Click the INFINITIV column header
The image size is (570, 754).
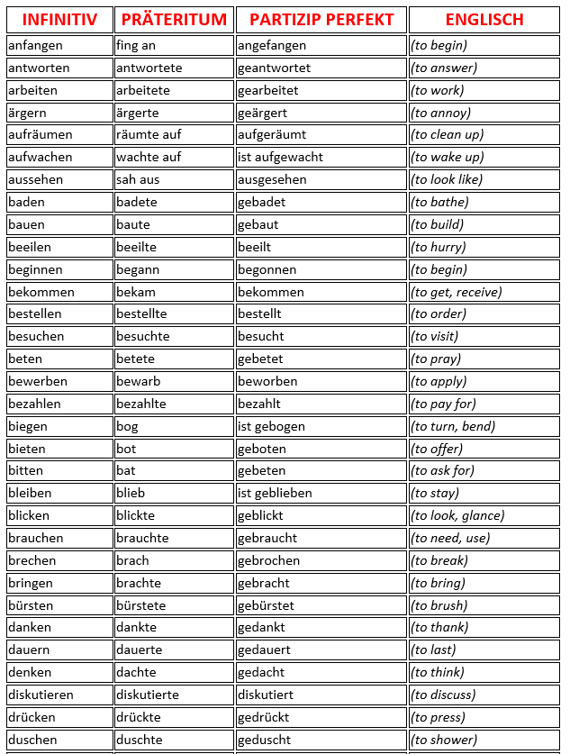pos(59,20)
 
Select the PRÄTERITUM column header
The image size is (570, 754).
pos(174,20)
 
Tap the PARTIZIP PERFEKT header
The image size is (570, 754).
pos(321,20)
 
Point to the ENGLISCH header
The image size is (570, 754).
pos(484,20)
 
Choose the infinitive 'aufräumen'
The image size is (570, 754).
pos(40,134)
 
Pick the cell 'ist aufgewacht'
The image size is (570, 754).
pos(280,157)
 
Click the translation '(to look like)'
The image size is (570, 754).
pos(447,179)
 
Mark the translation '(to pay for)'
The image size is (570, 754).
pos(443,404)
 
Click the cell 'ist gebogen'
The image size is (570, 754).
pos(271,426)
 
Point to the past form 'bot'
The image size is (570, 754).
pos(126,449)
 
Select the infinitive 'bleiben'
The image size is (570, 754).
pos(30,493)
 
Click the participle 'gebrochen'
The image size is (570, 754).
pos(268,560)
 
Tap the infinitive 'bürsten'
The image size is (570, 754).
pos(30,605)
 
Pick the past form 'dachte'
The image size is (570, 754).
pos(137,672)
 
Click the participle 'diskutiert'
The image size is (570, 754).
pos(266,695)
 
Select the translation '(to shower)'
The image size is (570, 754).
pos(444,740)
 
